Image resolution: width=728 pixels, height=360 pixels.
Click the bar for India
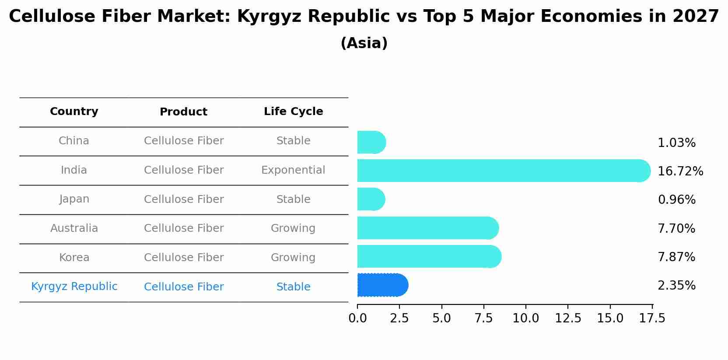tap(503, 171)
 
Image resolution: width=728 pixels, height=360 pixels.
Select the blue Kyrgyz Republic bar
tap(382, 285)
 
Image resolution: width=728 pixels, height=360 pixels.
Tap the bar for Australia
tap(427, 228)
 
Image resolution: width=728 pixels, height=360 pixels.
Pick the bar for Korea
tap(429, 256)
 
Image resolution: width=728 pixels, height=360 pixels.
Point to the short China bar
tap(371, 142)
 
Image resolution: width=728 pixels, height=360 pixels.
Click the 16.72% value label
tap(680, 171)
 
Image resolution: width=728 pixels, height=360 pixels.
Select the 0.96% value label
tap(676, 200)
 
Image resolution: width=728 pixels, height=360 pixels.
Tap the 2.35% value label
tap(676, 286)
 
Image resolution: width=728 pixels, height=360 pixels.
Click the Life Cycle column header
tap(293, 112)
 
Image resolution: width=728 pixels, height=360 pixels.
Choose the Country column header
tap(74, 112)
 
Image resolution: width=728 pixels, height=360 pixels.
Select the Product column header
tap(183, 112)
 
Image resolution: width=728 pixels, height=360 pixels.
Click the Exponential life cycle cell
tap(293, 170)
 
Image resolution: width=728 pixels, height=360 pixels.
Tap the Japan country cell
tap(74, 199)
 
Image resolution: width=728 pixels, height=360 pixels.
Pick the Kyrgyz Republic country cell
tap(74, 287)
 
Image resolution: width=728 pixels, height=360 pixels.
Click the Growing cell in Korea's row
tap(293, 258)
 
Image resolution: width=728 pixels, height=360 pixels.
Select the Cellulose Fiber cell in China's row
tap(183, 141)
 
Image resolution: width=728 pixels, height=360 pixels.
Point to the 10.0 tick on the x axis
tap(525, 318)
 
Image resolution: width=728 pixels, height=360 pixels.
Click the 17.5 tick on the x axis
tap(652, 318)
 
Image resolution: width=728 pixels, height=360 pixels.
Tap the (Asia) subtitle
tap(364, 43)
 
